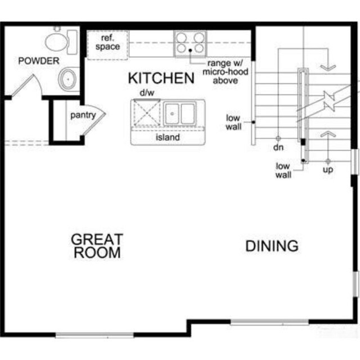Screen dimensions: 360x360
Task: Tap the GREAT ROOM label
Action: [96, 246]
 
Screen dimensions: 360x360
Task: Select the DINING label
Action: [272, 246]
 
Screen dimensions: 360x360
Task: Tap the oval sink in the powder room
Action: [68, 79]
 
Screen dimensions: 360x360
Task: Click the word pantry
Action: [83, 115]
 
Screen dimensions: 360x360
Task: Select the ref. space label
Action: [107, 43]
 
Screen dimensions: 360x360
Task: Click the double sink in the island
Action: [179, 113]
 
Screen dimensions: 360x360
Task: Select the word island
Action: [167, 137]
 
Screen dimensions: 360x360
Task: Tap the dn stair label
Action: [277, 147]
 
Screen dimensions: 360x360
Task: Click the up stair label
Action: [328, 169]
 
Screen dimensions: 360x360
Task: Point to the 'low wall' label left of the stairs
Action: [233, 122]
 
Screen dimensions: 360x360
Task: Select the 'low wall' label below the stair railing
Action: [283, 170]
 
